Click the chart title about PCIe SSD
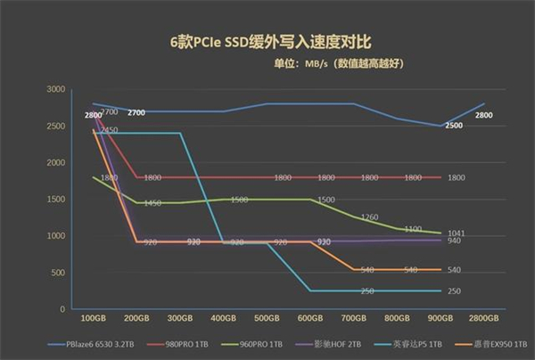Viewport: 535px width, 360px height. [267, 41]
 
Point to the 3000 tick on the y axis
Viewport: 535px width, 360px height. [54, 90]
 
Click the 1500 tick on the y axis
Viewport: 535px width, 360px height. [54, 200]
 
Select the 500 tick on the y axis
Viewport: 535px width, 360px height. [57, 273]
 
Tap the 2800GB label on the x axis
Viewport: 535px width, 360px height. [482, 317]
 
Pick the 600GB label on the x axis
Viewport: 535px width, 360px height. [310, 317]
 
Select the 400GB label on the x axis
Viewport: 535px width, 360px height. [224, 317]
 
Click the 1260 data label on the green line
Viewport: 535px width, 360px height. [369, 217]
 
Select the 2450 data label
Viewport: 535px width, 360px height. [109, 130]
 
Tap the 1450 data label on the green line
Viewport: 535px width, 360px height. [152, 203]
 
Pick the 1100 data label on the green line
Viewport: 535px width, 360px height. [412, 229]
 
